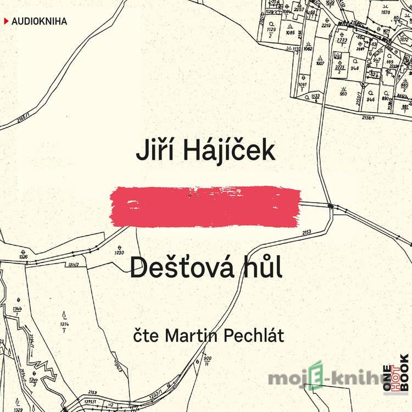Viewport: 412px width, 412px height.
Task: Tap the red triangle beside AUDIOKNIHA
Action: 6,22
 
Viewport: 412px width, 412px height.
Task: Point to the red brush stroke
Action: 205,207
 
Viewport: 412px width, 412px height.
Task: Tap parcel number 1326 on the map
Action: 23,257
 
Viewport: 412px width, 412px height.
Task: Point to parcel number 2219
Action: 326,25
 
